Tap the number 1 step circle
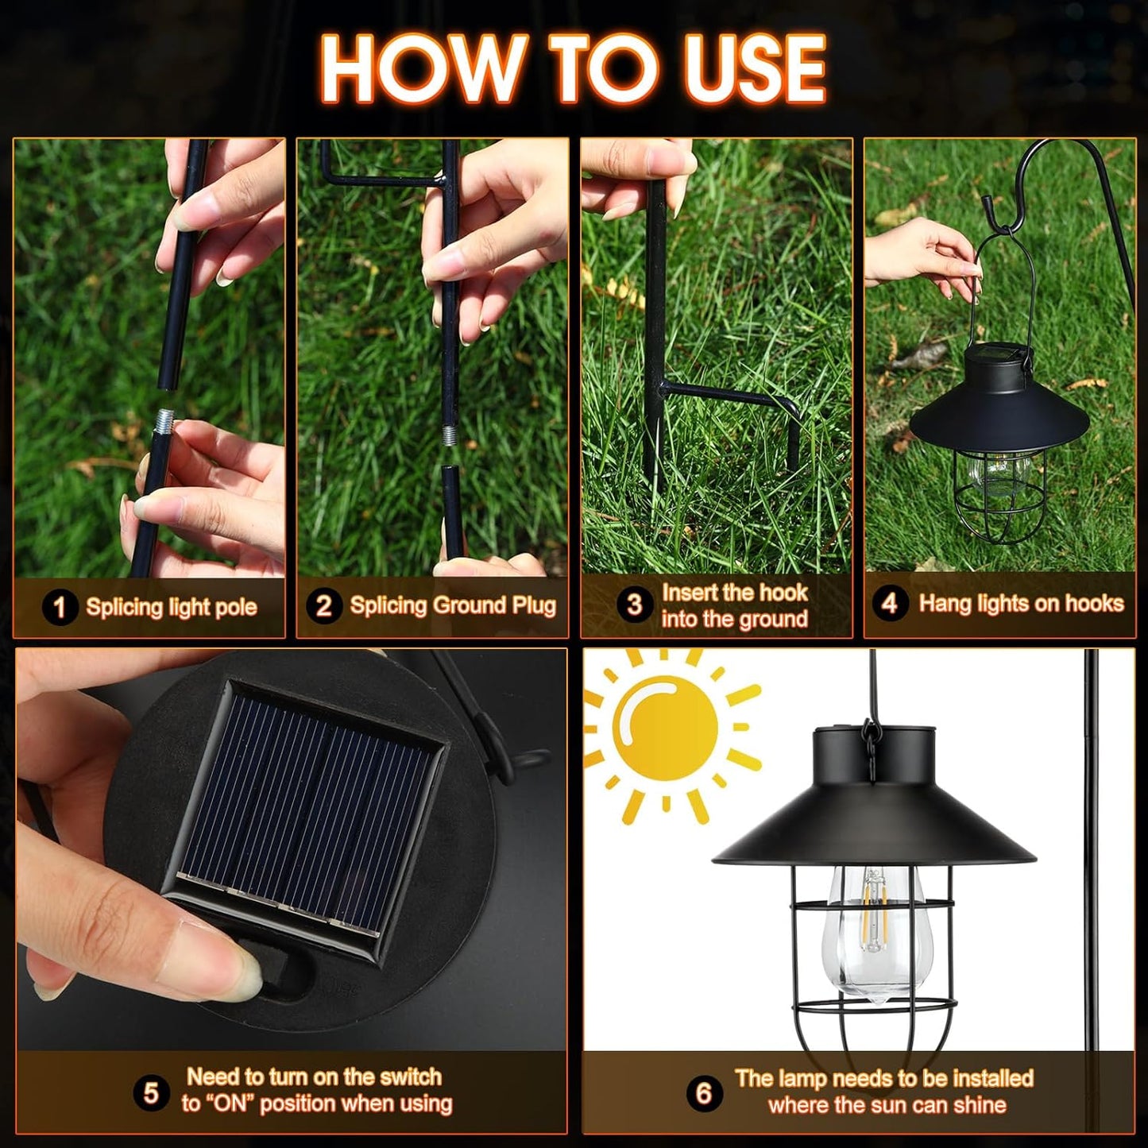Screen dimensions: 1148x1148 point(59,609)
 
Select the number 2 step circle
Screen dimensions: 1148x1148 point(323,606)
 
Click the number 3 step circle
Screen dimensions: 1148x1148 point(633,605)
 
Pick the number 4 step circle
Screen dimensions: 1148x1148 point(889,604)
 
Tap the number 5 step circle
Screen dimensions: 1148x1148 point(151,1093)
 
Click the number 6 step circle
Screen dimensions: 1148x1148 point(703,1093)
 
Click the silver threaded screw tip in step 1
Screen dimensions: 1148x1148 point(165,419)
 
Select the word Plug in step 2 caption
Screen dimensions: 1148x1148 point(533,606)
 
